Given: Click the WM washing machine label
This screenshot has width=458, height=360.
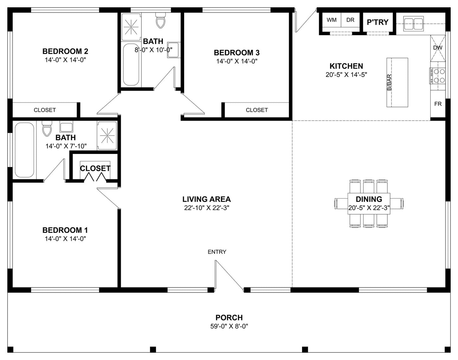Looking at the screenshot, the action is pyautogui.click(x=332, y=20).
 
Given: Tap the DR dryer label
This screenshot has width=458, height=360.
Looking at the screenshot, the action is pyautogui.click(x=350, y=20).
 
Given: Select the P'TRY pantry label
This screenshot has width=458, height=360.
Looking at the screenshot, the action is pyautogui.click(x=377, y=22).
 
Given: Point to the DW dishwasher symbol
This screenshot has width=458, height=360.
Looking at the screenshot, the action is pyautogui.click(x=438, y=48).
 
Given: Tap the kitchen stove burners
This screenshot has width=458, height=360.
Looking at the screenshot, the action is pyautogui.click(x=437, y=76).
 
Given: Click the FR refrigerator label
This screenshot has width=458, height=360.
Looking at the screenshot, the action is pyautogui.click(x=438, y=104).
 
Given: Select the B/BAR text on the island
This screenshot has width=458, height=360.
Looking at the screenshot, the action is pyautogui.click(x=389, y=82).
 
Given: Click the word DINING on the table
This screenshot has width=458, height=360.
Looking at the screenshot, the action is pyautogui.click(x=369, y=199).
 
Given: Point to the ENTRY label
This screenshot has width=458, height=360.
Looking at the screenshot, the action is pyautogui.click(x=217, y=252).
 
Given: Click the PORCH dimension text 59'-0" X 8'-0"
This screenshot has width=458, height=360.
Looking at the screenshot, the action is pyautogui.click(x=229, y=326).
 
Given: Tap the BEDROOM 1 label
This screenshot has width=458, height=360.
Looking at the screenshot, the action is pyautogui.click(x=65, y=230).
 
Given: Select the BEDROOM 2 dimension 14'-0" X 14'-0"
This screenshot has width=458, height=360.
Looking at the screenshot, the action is pyautogui.click(x=65, y=60).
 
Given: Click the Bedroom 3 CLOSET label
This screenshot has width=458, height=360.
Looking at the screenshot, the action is pyautogui.click(x=257, y=110).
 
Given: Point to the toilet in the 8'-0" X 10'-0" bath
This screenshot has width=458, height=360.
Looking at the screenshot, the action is pyautogui.click(x=160, y=20).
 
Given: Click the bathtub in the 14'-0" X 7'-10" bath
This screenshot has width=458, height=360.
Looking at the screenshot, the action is pyautogui.click(x=24, y=150).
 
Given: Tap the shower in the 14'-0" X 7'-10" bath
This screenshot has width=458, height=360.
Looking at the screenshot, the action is pyautogui.click(x=107, y=136).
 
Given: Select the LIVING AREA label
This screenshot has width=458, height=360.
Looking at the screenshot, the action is pyautogui.click(x=206, y=199).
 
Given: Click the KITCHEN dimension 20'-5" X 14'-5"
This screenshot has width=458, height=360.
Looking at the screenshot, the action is pyautogui.click(x=346, y=75).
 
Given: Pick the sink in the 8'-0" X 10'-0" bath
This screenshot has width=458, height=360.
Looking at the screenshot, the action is pyautogui.click(x=173, y=50).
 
